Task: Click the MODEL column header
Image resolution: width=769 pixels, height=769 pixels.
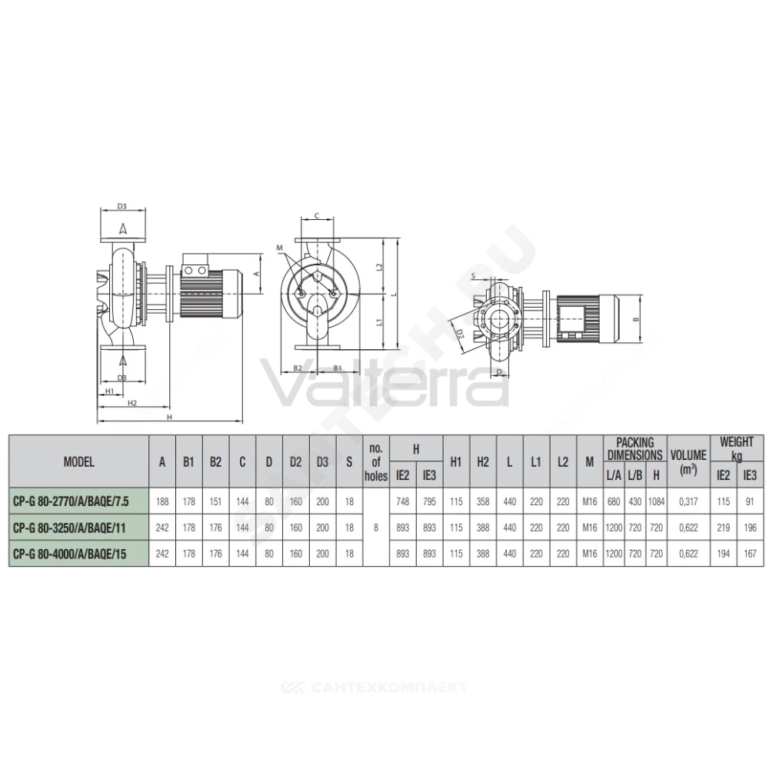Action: [x=78, y=461]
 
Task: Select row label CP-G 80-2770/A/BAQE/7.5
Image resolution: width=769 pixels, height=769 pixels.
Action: [x=71, y=501]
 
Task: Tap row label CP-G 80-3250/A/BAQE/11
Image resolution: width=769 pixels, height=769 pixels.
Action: [x=69, y=528]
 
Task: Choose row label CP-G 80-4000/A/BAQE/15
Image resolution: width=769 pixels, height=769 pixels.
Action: [x=69, y=554]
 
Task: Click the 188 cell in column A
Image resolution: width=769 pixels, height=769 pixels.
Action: [x=161, y=501]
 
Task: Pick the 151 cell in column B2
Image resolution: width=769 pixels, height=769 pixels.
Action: [x=215, y=501]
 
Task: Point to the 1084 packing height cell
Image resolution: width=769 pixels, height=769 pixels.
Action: [x=656, y=501]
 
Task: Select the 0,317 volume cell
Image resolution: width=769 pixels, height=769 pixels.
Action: [x=688, y=501]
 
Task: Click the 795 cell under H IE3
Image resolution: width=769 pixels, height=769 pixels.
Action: [x=429, y=501]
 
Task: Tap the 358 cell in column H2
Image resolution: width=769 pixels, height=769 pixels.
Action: [x=483, y=501]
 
